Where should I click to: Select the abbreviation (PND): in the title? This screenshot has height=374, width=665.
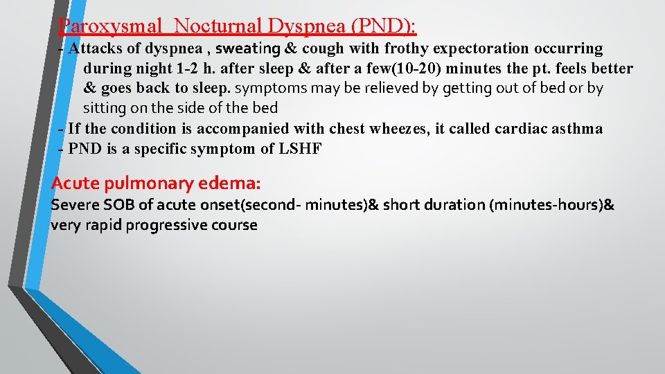[384, 26]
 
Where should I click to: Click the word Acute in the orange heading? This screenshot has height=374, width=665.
[76, 184]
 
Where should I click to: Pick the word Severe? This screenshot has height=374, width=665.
[75, 205]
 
